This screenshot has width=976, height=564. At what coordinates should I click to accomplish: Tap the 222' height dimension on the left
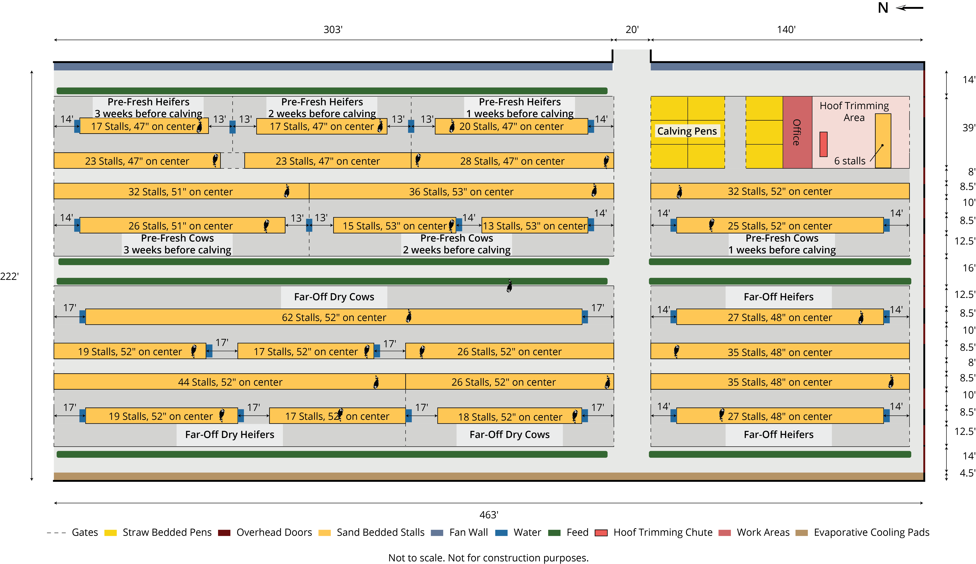pyautogui.click(x=9, y=276)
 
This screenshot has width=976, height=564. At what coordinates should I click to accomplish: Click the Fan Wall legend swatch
pyautogui.click(x=437, y=533)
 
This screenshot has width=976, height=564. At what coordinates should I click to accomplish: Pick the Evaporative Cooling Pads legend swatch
pyautogui.click(x=801, y=533)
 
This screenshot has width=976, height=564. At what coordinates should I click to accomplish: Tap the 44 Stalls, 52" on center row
pyautogui.click(x=230, y=382)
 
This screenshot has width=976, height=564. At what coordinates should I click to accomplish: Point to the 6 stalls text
pyautogui.click(x=849, y=161)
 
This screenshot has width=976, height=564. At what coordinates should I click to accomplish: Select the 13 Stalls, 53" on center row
pyautogui.click(x=535, y=225)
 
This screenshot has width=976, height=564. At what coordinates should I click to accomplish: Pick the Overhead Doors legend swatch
pyautogui.click(x=224, y=533)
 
